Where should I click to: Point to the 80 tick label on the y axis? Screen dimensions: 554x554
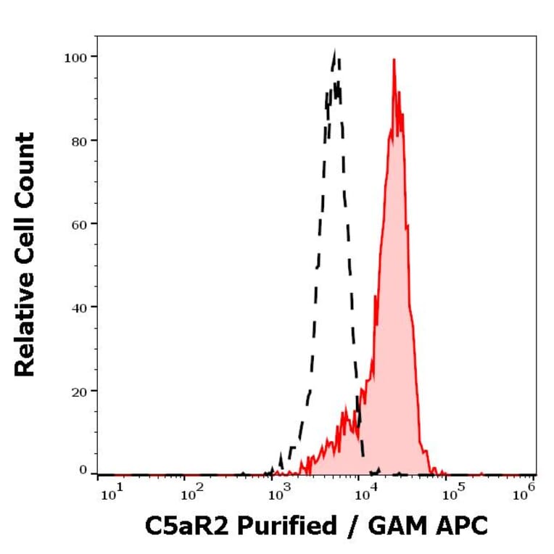[x=79, y=140]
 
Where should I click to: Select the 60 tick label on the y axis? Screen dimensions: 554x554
[x=79, y=223]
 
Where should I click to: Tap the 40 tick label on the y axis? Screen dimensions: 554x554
[x=79, y=307]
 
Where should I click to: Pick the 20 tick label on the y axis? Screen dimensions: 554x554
[x=79, y=390]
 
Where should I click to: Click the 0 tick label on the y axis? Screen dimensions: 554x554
[x=83, y=470]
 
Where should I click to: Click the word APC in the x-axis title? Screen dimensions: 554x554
[x=463, y=526]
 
